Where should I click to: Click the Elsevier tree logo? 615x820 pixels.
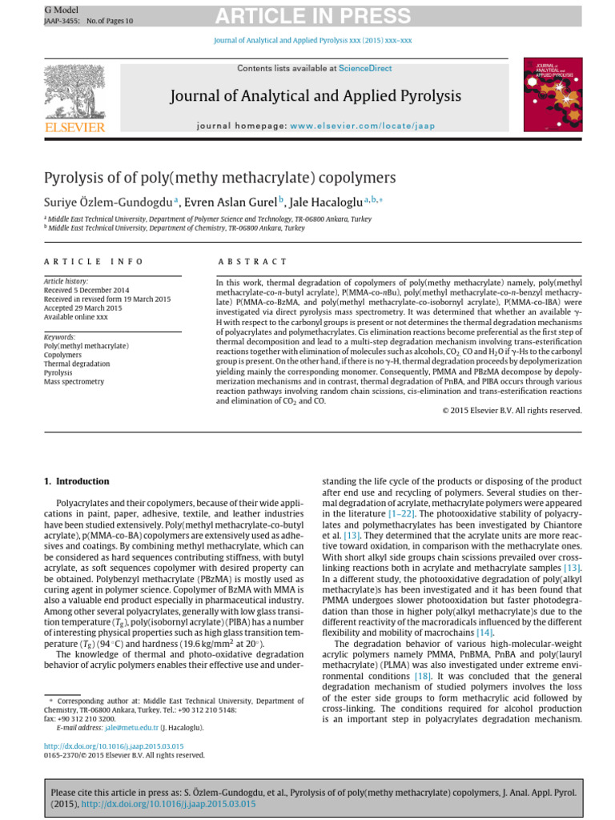(x=74, y=92)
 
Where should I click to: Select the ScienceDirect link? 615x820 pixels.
(x=366, y=69)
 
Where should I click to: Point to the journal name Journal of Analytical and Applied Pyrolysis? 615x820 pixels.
(x=316, y=97)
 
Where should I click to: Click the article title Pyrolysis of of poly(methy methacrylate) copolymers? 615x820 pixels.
(x=219, y=177)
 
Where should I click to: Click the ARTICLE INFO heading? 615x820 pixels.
(x=94, y=261)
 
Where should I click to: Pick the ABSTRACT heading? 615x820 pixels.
(x=252, y=261)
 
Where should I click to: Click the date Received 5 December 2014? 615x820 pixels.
(x=86, y=290)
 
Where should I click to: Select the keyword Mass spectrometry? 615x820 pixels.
(x=74, y=382)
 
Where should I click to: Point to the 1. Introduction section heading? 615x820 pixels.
(x=77, y=481)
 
